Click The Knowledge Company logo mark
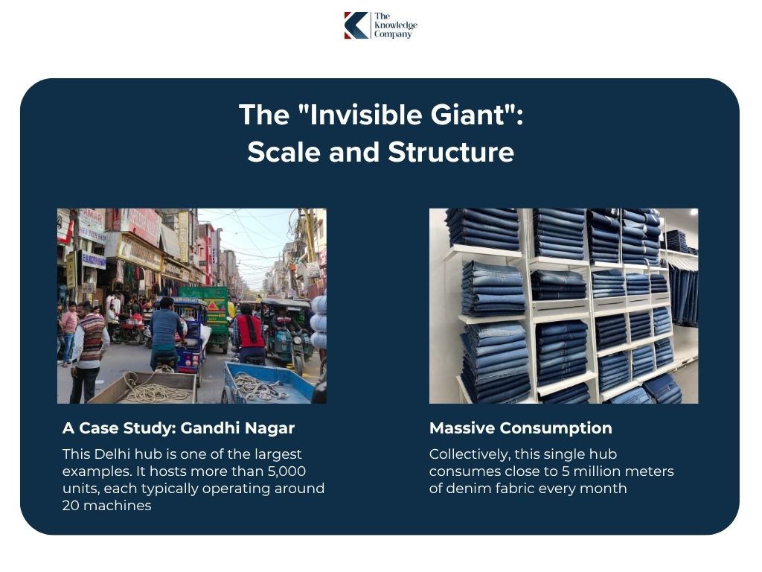coord(356,25)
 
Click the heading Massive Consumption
coord(520,428)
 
